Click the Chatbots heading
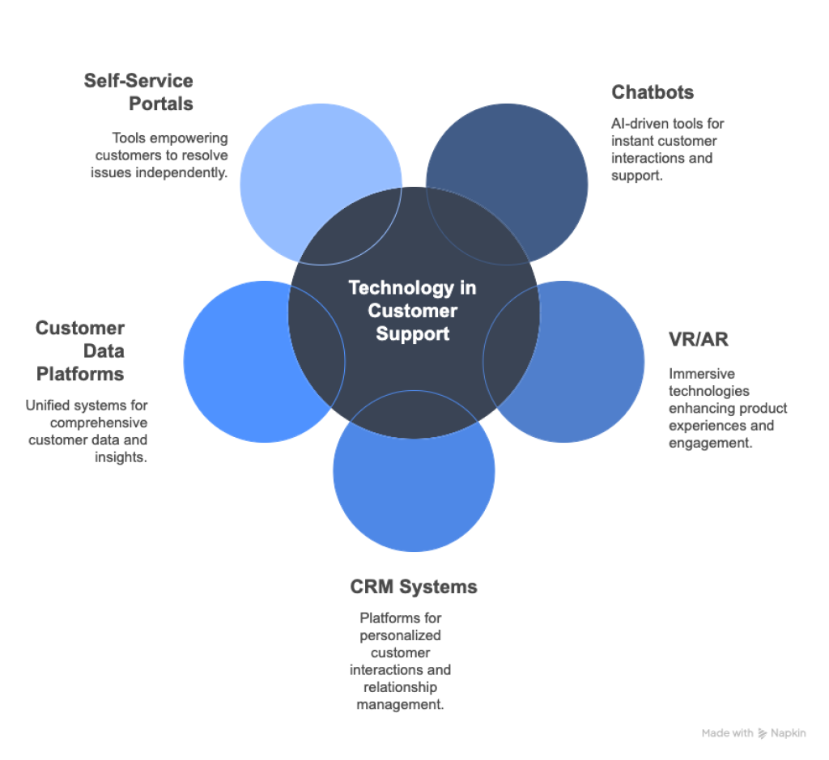653,92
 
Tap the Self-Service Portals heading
138,92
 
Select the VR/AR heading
698,339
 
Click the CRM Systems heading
414,586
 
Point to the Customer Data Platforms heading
79,350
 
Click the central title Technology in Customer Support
412,310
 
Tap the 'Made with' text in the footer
727,733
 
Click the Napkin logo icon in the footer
762,733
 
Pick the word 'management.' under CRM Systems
400,704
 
